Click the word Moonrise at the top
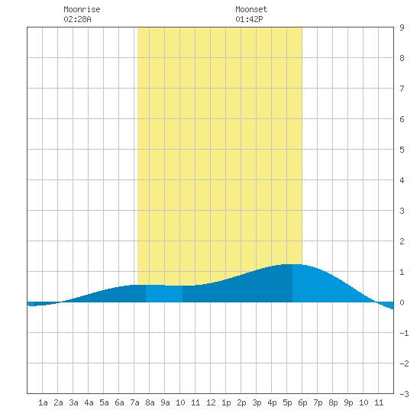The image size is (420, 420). point(82,9)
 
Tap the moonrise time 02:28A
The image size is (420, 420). point(77,19)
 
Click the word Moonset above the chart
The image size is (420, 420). point(251,9)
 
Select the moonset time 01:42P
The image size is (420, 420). point(249,19)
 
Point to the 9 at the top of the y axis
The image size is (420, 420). point(402,27)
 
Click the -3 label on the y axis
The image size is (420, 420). point(404,394)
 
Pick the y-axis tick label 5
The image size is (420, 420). point(402,150)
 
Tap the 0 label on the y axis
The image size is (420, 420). point(402,302)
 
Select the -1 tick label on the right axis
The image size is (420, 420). point(404,333)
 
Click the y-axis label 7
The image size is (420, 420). point(402,89)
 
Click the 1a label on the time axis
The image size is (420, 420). point(43,402)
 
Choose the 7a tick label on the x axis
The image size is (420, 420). point(134,402)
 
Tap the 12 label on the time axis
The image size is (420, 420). point(211,402)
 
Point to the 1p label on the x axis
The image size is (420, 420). point(226,402)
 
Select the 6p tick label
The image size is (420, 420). point(302,402)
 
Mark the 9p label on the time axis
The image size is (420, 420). point(348,402)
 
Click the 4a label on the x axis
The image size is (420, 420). point(89,402)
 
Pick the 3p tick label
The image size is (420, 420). point(257,402)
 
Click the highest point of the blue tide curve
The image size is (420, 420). point(292,264)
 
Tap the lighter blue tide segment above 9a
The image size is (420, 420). point(164,293)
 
